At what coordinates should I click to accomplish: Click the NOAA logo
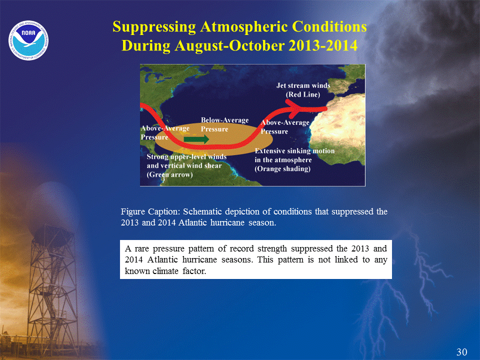coord(28,40)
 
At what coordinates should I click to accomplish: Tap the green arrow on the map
coord(196,139)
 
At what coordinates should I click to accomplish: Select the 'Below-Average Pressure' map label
coord(224,124)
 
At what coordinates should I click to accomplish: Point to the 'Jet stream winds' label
coord(303,85)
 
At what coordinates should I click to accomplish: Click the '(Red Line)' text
coord(303,94)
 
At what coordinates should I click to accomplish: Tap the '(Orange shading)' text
coord(282,169)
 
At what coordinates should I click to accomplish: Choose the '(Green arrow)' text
coord(169,174)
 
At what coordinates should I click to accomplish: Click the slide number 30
coord(461,352)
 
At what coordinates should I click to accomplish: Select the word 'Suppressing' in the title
coord(154,27)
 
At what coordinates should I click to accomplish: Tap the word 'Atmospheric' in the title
coord(244,27)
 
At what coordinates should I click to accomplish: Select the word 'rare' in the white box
coord(141,248)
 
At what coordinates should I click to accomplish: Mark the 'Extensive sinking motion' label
coord(294,151)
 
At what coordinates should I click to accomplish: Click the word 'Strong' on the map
coord(157,157)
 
